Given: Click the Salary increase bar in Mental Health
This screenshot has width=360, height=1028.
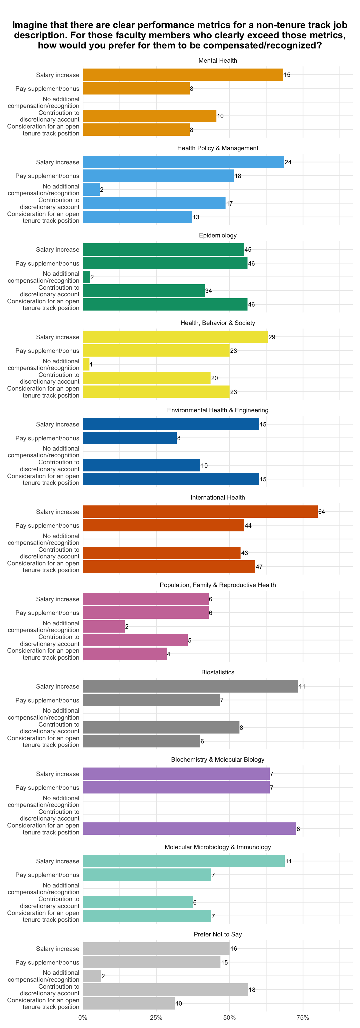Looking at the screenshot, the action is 183,75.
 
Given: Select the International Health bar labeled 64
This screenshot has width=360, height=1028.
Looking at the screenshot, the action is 200,512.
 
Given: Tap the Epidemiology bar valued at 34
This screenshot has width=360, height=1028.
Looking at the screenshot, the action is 144,290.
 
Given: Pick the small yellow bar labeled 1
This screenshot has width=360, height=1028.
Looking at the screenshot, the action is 86,364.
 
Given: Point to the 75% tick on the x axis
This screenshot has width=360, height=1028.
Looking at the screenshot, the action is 303,1017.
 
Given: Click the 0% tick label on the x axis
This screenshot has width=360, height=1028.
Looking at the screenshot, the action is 83,1017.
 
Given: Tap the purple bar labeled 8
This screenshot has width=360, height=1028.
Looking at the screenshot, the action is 190,829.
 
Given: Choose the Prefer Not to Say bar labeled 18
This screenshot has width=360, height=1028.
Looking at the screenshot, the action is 165,989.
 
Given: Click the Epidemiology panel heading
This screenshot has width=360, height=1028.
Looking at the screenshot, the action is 217,236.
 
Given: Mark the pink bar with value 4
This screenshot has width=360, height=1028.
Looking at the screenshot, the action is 125,654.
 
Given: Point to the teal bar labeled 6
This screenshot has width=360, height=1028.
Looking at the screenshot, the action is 138,902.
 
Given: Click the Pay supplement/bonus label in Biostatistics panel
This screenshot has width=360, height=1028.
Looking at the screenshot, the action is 47,700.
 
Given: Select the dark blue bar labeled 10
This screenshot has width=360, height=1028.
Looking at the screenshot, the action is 142,465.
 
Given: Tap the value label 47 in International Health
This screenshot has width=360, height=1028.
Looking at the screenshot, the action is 259,567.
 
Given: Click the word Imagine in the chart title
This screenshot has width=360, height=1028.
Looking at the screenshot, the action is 29,25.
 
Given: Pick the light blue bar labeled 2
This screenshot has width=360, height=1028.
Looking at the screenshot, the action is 91,190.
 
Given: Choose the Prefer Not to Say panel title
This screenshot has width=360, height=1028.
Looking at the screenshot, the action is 217,935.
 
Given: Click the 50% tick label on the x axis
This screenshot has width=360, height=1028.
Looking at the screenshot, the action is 230,1017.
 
